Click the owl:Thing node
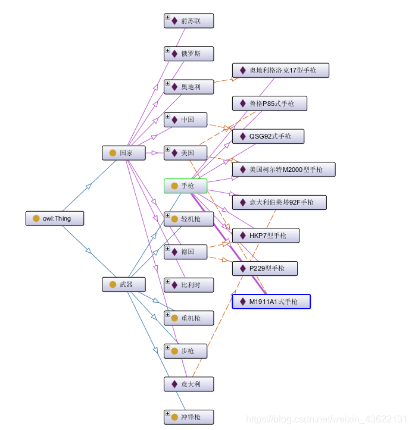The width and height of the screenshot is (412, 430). (x=55, y=218)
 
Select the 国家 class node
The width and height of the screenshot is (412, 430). (x=124, y=153)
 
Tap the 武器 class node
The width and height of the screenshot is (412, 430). (x=124, y=285)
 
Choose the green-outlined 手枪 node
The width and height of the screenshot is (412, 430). (x=186, y=186)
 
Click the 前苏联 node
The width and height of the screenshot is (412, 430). (x=189, y=21)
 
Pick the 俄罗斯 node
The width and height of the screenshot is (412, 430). (x=189, y=54)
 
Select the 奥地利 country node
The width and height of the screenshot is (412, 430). (x=189, y=87)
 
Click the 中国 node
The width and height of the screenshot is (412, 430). (x=186, y=120)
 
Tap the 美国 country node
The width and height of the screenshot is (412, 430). (x=186, y=153)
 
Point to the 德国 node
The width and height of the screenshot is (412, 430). (x=186, y=252)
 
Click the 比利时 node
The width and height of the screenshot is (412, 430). (x=189, y=285)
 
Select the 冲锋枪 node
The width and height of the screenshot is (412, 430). (x=189, y=417)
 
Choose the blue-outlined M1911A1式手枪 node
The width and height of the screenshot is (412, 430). (x=271, y=302)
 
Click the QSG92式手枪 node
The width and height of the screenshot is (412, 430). (x=268, y=136)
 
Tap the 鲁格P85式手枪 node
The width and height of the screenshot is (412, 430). (x=270, y=103)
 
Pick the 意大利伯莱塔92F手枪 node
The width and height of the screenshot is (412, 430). (x=279, y=202)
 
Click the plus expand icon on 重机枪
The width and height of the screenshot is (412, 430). (x=168, y=315)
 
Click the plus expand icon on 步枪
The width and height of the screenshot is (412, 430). (x=168, y=347)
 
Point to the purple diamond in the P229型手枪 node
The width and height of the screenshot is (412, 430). (x=242, y=268)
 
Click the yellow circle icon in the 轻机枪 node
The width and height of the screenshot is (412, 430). (x=174, y=219)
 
